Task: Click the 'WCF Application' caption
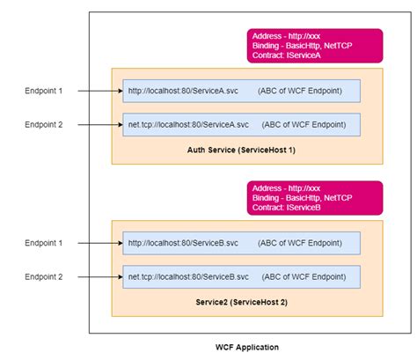[246, 348]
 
